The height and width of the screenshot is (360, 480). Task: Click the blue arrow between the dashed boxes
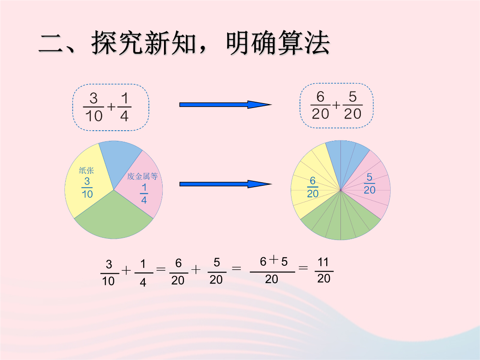click(x=225, y=105)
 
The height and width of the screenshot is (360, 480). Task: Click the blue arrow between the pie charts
click(x=225, y=184)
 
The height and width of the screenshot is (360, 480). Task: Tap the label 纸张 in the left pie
click(x=86, y=171)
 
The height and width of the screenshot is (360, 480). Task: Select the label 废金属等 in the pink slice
click(x=142, y=176)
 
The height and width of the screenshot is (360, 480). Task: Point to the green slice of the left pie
click(x=114, y=219)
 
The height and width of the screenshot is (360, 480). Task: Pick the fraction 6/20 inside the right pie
click(x=312, y=187)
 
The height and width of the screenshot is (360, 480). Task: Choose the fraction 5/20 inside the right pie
click(x=369, y=184)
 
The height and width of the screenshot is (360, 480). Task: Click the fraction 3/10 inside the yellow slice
click(x=87, y=188)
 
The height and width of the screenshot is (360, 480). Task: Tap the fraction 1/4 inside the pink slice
click(x=144, y=193)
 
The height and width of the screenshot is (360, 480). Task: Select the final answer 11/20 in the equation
click(x=324, y=270)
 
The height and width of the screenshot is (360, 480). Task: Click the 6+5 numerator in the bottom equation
click(x=274, y=261)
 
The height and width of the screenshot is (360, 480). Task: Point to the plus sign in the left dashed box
click(x=112, y=107)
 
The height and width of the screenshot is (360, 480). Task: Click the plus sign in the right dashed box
click(x=336, y=105)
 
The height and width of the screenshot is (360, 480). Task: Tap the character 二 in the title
click(x=51, y=44)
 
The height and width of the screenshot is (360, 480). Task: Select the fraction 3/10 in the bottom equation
click(x=109, y=273)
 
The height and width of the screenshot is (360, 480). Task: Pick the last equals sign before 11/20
click(x=303, y=268)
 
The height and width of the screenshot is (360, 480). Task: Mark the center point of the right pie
click(x=340, y=190)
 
